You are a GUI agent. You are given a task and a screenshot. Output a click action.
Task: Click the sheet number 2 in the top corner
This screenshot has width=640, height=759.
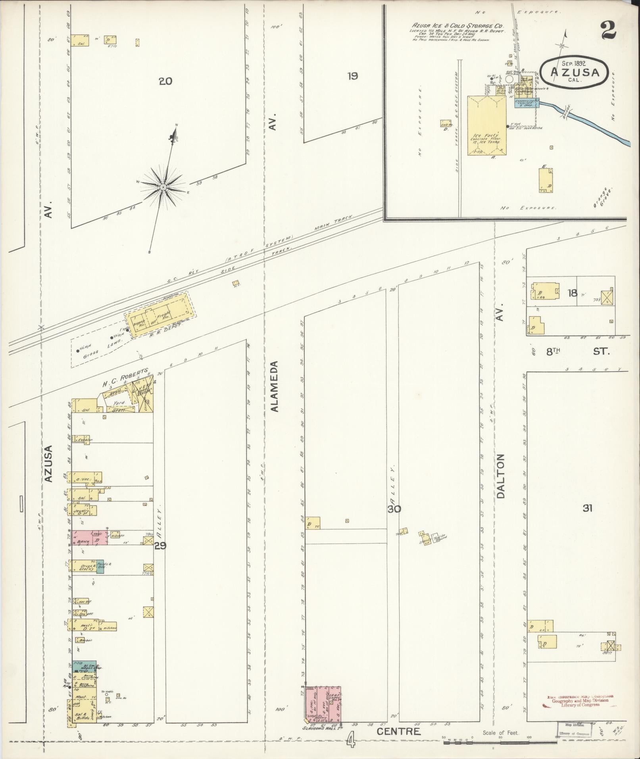608,30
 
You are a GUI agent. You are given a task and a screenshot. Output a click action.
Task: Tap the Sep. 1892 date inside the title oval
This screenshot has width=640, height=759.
574,63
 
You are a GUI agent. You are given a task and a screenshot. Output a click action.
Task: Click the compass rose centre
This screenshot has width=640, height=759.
163,186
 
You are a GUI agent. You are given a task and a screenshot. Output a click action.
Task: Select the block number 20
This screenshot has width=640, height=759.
165,82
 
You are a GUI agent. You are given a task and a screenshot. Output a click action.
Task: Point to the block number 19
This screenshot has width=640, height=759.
352,76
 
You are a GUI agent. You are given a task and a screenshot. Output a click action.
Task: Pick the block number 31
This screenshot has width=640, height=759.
587,508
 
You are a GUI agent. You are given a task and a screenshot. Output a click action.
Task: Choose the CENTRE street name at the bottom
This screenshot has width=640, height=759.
398,731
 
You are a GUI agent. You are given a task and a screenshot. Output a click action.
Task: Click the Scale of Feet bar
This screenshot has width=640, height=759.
500,742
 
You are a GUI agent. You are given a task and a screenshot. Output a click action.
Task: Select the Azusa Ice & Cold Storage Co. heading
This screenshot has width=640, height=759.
457,25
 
